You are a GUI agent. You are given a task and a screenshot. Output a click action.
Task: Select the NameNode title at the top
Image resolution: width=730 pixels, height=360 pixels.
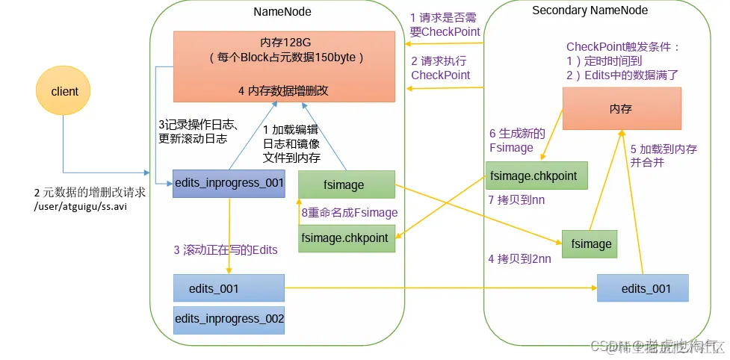pyautogui.click(x=282, y=12)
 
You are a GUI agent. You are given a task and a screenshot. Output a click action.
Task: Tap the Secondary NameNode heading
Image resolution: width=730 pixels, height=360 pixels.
pyautogui.click(x=590, y=10)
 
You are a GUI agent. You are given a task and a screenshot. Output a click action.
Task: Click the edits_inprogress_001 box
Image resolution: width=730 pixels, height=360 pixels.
pyautogui.click(x=229, y=183)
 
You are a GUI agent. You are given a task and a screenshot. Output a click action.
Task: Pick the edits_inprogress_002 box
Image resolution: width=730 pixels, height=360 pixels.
pyautogui.click(x=229, y=319)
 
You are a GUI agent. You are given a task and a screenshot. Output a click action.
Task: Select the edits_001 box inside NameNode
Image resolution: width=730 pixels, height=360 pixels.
pyautogui.click(x=229, y=288)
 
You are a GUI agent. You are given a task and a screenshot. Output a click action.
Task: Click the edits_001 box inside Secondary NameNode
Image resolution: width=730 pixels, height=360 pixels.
pyautogui.click(x=642, y=288)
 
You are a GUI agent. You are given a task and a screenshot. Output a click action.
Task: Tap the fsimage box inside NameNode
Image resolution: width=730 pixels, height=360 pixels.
pyautogui.click(x=346, y=184)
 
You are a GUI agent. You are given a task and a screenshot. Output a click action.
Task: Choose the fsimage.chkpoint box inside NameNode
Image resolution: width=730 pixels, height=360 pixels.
pyautogui.click(x=346, y=238)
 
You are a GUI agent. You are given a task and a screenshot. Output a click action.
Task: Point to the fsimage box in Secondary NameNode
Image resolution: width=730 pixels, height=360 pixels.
pyautogui.click(x=592, y=243)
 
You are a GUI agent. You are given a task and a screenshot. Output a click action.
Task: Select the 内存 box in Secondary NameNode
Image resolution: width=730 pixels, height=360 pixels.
pyautogui.click(x=621, y=109)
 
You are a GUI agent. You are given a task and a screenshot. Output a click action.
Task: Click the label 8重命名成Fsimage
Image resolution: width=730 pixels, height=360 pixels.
pyautogui.click(x=349, y=212)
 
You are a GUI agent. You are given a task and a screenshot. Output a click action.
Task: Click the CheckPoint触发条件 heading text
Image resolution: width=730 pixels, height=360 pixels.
pyautogui.click(x=623, y=46)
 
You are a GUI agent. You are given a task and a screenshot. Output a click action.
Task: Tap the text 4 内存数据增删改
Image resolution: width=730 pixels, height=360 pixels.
pyautogui.click(x=283, y=90)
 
